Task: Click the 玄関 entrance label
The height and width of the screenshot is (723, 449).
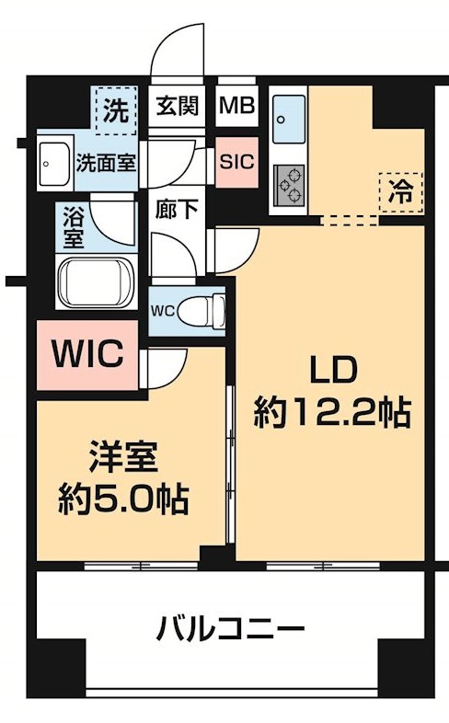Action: (175, 106)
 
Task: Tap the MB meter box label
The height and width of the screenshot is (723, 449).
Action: (236, 106)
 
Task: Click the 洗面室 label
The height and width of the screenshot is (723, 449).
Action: (105, 164)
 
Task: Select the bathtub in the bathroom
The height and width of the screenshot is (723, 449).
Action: (96, 279)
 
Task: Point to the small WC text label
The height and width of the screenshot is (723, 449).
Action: (162, 308)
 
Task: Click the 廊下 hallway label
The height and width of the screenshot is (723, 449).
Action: (176, 209)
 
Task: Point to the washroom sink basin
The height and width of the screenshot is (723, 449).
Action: (52, 164)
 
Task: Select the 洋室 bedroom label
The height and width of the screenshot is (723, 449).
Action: (123, 457)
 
